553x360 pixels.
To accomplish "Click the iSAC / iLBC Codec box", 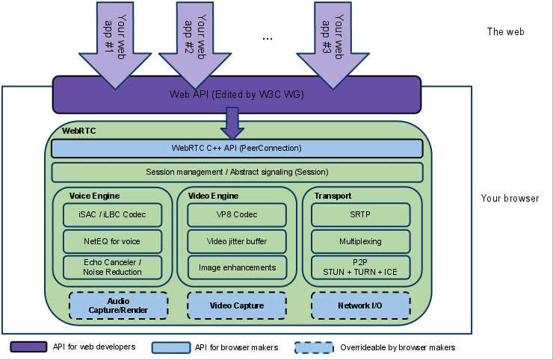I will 114,215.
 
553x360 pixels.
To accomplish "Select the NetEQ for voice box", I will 114,241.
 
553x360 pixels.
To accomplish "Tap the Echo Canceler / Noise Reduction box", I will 114,267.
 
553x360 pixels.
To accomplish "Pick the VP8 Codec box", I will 237,215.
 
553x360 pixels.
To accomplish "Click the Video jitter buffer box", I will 237,241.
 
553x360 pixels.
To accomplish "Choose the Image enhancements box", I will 237,267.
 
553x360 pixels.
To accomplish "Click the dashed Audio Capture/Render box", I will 118,305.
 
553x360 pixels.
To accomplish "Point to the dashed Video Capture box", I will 236,305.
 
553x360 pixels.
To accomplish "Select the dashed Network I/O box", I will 361,305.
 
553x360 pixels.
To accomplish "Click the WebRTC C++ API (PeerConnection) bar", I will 237,149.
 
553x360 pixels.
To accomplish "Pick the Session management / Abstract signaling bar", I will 237,173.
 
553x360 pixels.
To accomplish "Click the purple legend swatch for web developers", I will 29,347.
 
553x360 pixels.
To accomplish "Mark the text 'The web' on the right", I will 506,32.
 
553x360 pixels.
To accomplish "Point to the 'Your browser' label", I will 510,199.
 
